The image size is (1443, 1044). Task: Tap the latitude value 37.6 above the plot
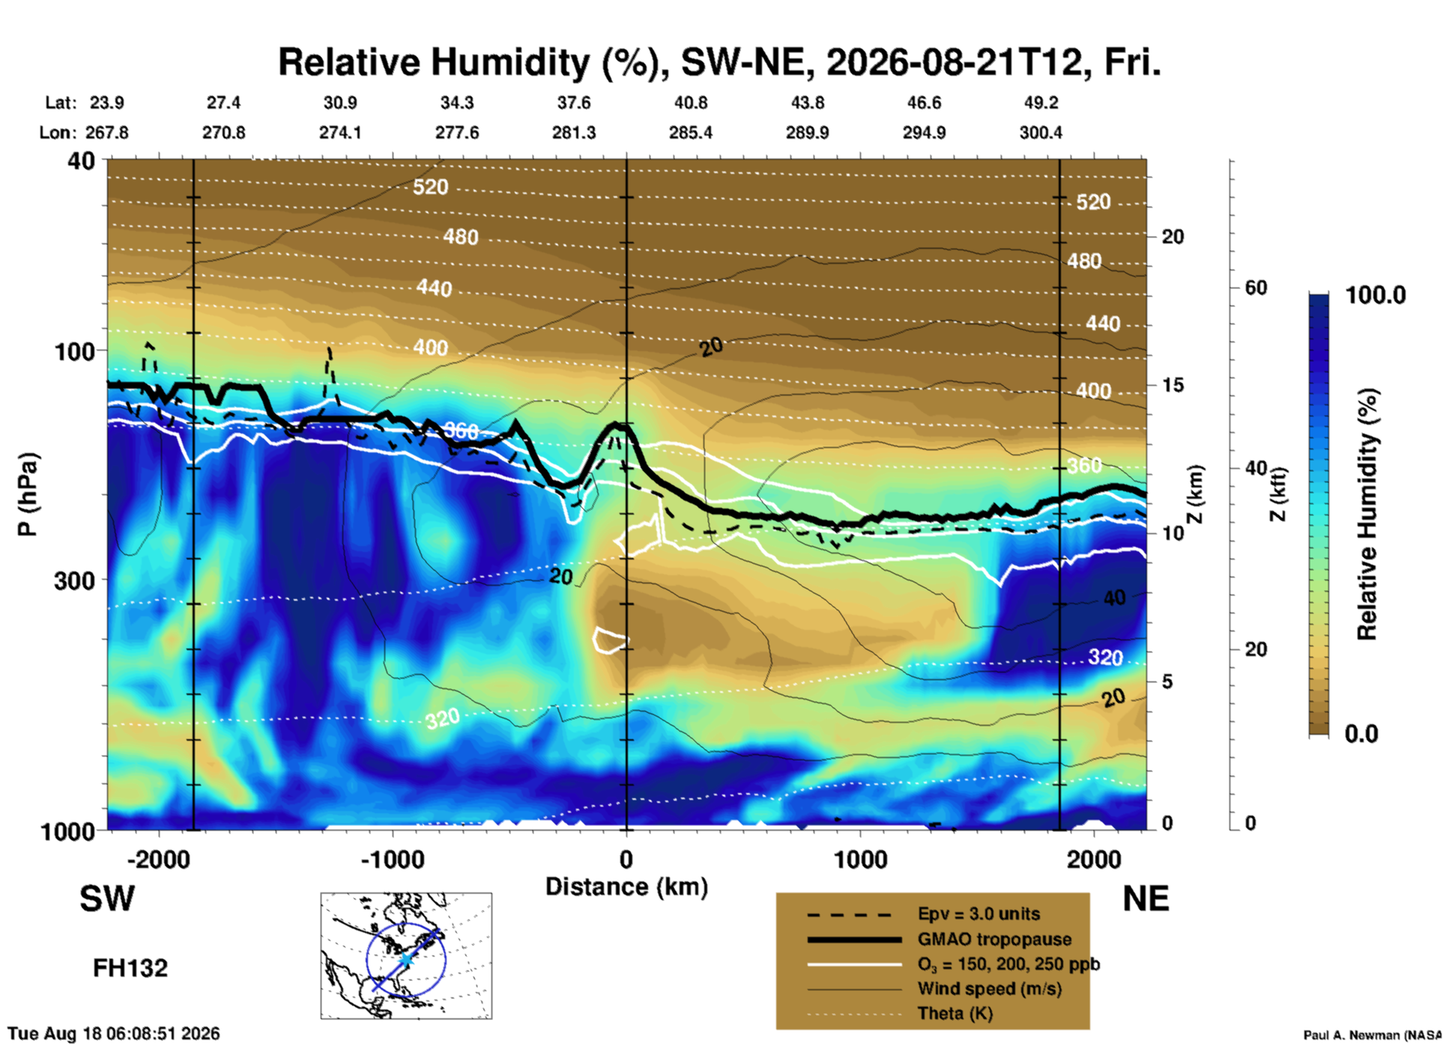point(573,103)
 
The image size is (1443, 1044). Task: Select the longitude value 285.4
point(690,133)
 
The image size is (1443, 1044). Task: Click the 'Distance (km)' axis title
point(626,887)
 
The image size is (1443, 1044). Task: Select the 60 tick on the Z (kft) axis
point(1256,288)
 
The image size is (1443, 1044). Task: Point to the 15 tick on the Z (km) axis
point(1173,385)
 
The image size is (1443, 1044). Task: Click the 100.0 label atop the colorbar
point(1376,295)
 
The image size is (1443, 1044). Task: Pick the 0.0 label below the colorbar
point(1361,734)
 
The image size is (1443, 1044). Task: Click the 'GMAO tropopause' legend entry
point(994,939)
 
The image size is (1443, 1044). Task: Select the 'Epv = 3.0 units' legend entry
point(978,914)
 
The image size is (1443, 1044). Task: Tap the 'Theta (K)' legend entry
point(955,1013)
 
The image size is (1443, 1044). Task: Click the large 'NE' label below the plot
point(1146,899)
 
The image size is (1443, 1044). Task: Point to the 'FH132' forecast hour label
point(130,968)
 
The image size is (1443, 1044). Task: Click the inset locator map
point(406,956)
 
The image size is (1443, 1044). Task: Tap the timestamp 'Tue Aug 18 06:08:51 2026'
point(114,1034)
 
